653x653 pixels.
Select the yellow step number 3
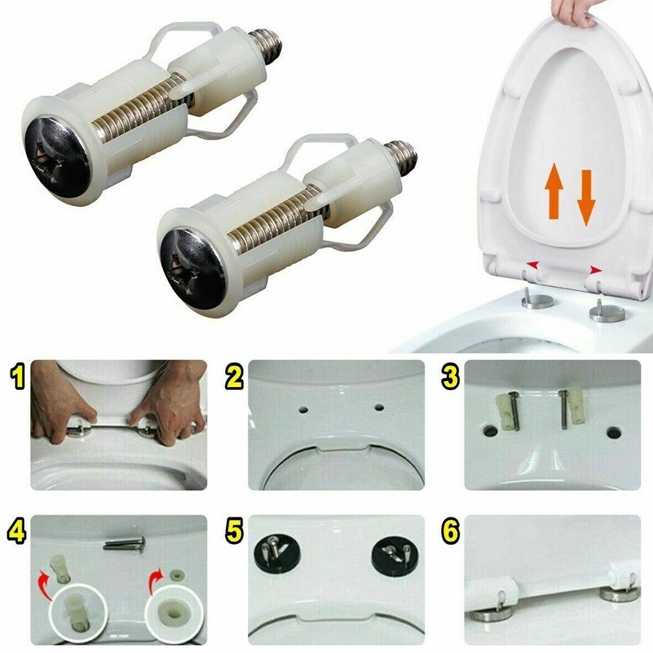[x=450, y=377]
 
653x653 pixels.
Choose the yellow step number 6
[x=450, y=532]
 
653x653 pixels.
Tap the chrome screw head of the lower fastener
[x=192, y=267]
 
